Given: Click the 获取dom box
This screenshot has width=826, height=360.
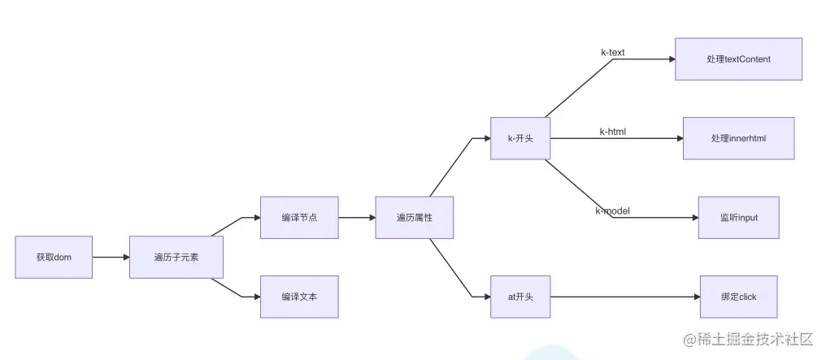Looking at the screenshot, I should point(54,257).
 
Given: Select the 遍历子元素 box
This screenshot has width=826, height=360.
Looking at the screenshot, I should point(176,257).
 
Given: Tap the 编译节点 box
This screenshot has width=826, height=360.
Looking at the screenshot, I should point(298,217).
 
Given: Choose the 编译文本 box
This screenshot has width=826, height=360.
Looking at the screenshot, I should point(298,297).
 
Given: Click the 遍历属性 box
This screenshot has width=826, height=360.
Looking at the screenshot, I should point(414,217).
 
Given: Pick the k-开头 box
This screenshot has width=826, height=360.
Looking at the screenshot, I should point(520,138).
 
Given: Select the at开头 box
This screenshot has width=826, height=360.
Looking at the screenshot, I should point(520,297).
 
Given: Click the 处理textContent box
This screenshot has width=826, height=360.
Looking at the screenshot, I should point(738,59).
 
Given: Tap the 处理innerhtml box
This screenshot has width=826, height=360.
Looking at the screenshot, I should point(738,138).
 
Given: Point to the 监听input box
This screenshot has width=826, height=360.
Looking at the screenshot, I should point(738,217).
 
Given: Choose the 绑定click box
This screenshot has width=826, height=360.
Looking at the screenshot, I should point(738,297).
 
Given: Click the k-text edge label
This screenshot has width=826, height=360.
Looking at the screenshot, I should point(612,53).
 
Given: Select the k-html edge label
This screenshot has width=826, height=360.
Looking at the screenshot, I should point(612,132).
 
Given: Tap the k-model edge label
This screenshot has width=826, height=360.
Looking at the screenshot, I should point(612,211).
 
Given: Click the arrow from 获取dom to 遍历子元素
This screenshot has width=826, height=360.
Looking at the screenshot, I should point(111,257).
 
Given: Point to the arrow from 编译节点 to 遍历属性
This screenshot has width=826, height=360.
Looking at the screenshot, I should point(356,217).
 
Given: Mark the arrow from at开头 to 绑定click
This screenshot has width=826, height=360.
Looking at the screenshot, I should point(624,297).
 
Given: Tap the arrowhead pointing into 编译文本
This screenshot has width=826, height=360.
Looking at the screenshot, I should point(254,297).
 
